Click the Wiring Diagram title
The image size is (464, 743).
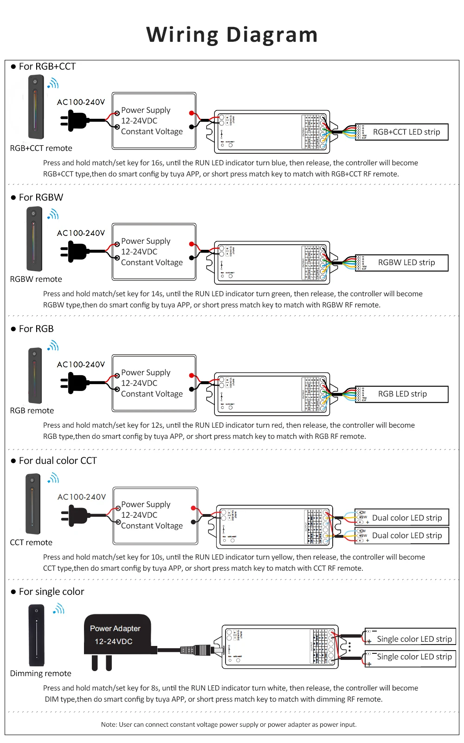coord(232,35)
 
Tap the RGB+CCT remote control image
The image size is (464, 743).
coord(36,108)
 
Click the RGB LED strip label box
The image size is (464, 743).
coord(402,394)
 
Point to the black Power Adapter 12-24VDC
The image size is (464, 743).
coord(117,635)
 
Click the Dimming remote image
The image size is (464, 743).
coord(36,635)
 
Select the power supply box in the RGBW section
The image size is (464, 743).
coord(154,252)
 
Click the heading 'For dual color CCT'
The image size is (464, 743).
coord(58,461)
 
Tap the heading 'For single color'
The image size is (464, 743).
coord(52,592)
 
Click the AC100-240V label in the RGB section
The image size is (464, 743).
coord(81,365)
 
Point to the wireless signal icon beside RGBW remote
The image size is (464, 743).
coord(53,215)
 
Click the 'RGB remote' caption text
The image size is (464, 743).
coord(32,411)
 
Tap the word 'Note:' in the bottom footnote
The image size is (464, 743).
coord(109,724)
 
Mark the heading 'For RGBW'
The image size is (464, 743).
coord(41,197)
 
